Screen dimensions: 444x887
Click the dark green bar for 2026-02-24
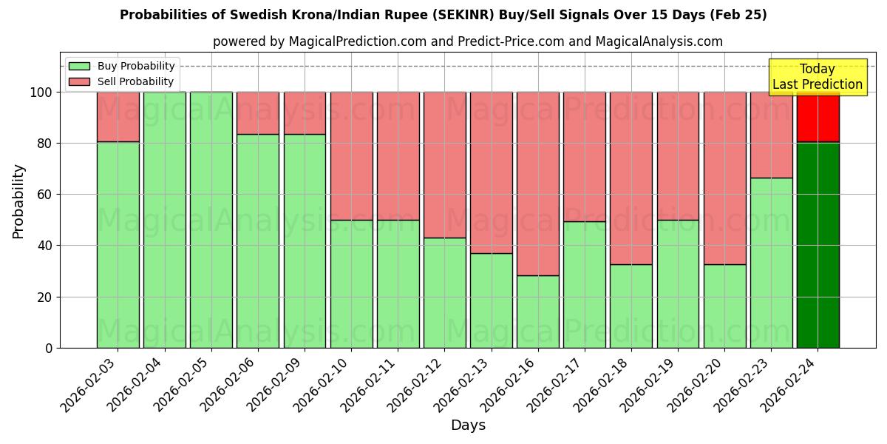818,244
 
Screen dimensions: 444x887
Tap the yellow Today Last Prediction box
817,77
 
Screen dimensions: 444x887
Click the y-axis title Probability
18,201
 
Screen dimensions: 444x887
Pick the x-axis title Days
468,425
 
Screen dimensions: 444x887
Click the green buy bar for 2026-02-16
537,311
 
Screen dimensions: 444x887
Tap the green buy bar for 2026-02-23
771,263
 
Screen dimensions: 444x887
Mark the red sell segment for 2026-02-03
118,117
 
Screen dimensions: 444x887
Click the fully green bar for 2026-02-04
164,220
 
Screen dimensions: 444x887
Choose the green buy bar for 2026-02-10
351,283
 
